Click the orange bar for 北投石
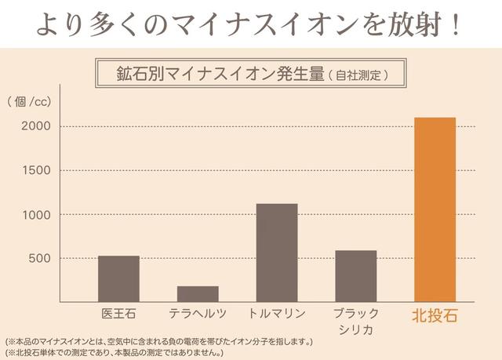pos(435,209)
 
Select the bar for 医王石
pos(118,278)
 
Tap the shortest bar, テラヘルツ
pos(198,293)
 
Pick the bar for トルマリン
pos(277,253)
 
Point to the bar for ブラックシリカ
pos(355,276)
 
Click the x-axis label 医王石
pos(118,314)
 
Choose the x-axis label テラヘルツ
pos(198,314)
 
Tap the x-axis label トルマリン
pos(277,314)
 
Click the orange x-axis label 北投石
pos(435,315)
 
